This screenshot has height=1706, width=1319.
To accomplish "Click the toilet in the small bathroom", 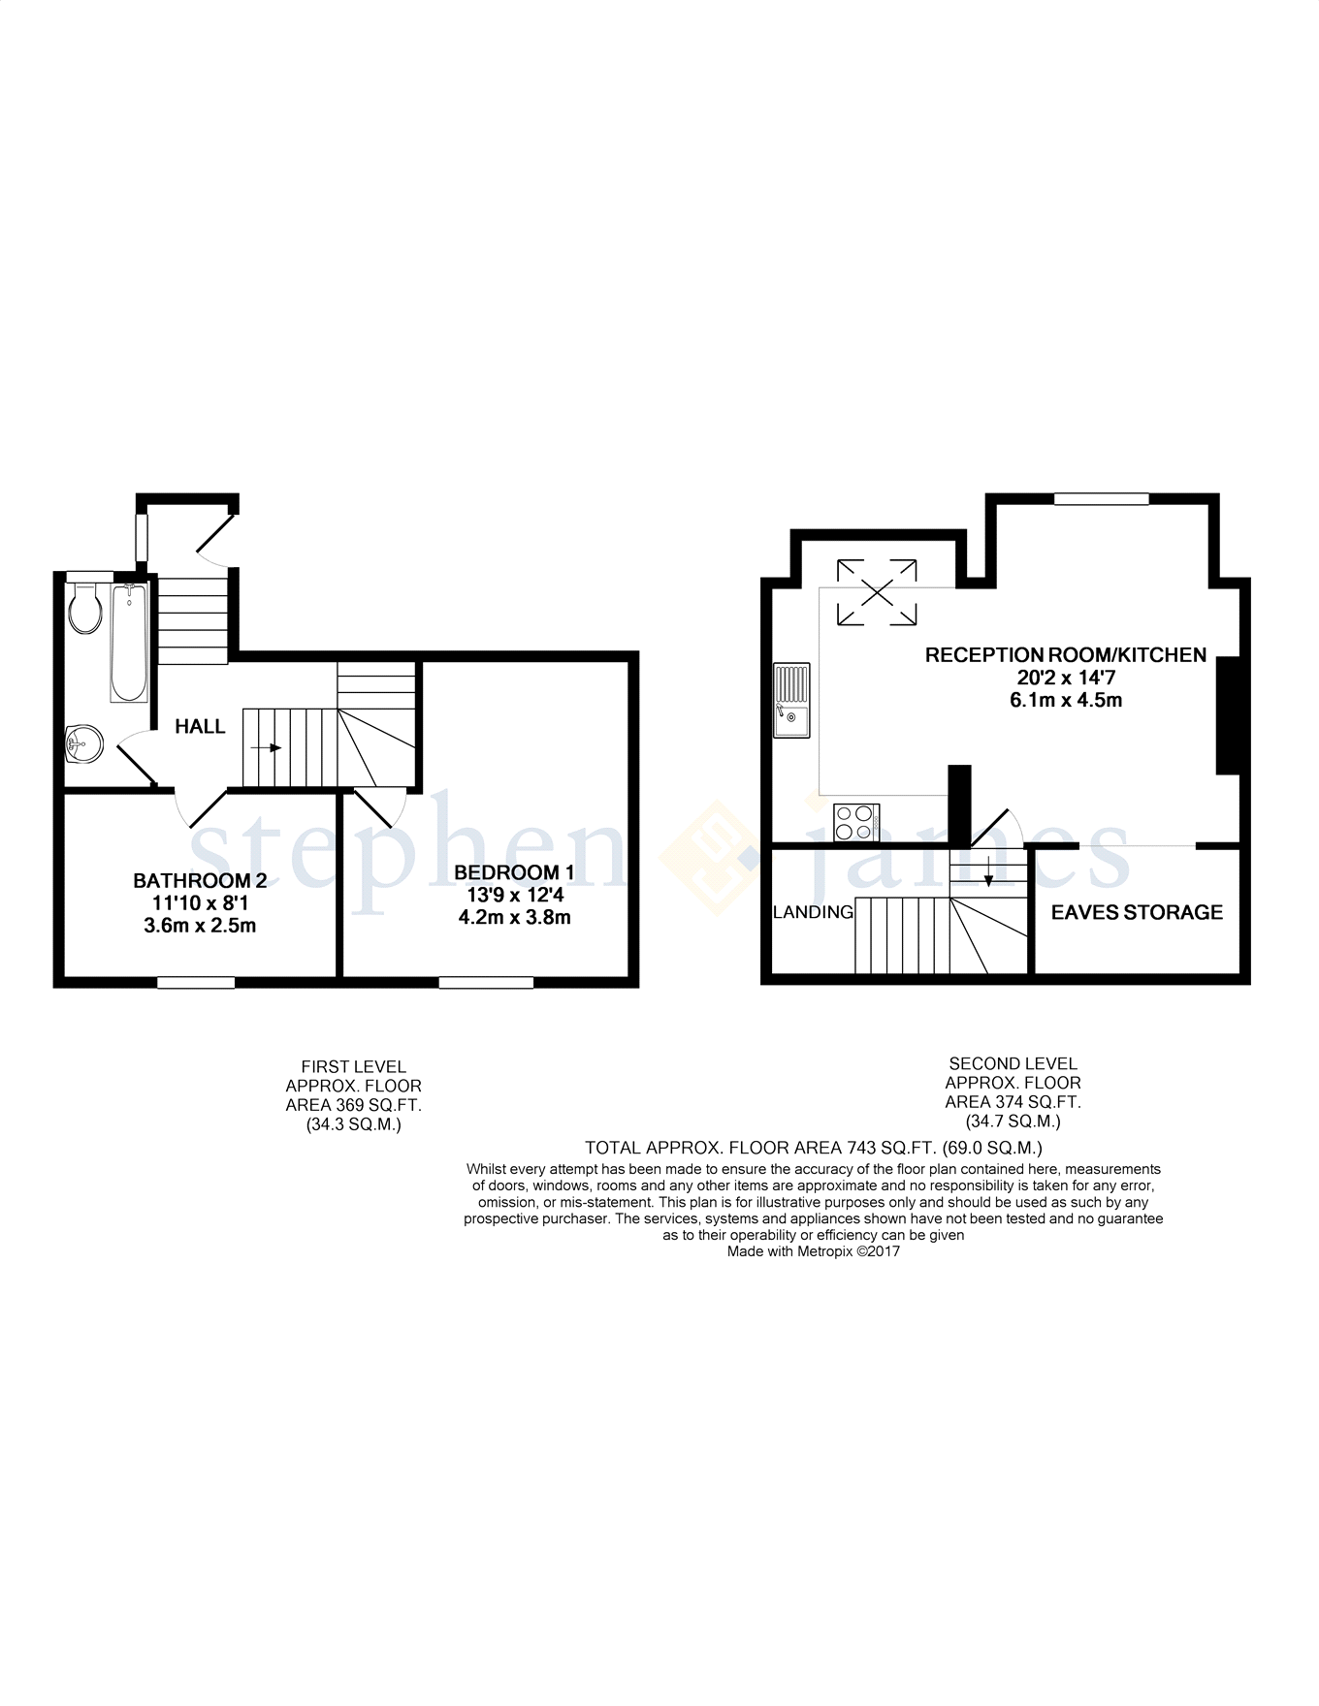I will pyautogui.click(x=85, y=609).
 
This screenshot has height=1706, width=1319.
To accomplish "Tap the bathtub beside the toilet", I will pyautogui.click(x=129, y=643).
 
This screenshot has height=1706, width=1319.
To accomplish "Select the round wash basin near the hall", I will pyautogui.click(x=83, y=745).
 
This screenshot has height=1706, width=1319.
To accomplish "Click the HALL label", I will pyautogui.click(x=200, y=727).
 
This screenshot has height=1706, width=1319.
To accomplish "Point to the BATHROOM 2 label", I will pyautogui.click(x=200, y=881).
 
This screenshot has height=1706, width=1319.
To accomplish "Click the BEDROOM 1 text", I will pyautogui.click(x=514, y=872).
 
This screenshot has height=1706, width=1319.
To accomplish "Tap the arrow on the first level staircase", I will pyautogui.click(x=268, y=748).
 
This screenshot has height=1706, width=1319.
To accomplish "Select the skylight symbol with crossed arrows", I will pyautogui.click(x=877, y=591).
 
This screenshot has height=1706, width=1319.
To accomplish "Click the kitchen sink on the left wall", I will pyautogui.click(x=791, y=701).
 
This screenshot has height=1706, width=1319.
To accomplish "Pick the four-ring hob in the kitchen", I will pyautogui.click(x=855, y=823).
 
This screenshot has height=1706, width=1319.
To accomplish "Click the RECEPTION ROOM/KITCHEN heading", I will pyautogui.click(x=1065, y=655).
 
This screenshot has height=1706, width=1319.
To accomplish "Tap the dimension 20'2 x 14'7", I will pyautogui.click(x=1066, y=678).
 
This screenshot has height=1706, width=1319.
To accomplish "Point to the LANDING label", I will pyautogui.click(x=813, y=912).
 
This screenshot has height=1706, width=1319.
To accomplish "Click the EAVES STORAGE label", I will pyautogui.click(x=1137, y=912).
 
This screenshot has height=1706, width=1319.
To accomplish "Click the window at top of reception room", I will pyautogui.click(x=1101, y=499).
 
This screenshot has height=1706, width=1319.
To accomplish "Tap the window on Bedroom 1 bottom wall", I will pyautogui.click(x=486, y=983).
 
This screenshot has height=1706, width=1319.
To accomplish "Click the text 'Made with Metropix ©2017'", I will pyautogui.click(x=813, y=1251).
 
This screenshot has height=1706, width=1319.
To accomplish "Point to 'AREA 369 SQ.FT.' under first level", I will pyautogui.click(x=353, y=1105).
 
